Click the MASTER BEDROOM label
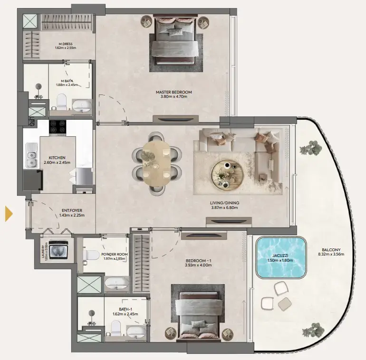[x=173, y=92]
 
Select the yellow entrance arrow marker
[x=9, y=214]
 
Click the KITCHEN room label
[x=57, y=157]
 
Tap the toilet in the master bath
[x=61, y=102]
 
